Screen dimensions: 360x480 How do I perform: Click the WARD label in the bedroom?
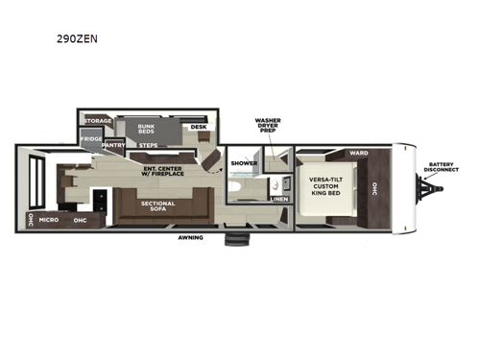click(x=359, y=153)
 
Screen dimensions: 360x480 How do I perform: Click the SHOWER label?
click(x=244, y=163)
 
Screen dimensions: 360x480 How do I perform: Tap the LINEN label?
click(x=278, y=199)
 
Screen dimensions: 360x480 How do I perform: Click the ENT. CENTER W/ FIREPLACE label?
click(x=162, y=173)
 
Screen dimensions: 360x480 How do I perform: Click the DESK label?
click(x=198, y=126)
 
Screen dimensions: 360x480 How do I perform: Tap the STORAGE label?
click(x=98, y=121)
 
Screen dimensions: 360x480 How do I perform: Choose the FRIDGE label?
click(x=91, y=139)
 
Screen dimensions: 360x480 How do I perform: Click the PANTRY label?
click(x=114, y=146)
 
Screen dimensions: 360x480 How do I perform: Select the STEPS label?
click(x=149, y=145)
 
